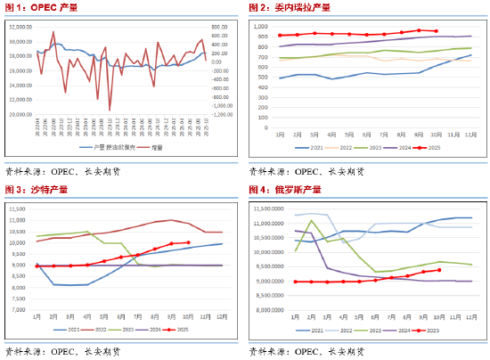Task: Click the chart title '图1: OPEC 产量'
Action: tap(36, 8)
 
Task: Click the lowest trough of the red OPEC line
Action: tap(110, 110)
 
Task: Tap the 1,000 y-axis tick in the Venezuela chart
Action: tap(266, 26)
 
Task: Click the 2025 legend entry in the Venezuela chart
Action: tap(429, 148)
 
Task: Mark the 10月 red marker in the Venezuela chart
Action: tap(436, 32)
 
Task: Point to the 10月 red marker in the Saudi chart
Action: tap(188, 242)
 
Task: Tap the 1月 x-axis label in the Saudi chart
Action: tap(37, 316)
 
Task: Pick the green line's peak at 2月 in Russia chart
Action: tap(312, 220)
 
